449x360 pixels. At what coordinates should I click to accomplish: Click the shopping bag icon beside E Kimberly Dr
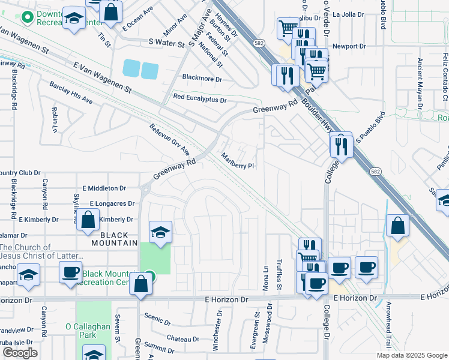88,220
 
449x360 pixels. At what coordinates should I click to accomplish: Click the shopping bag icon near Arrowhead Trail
398,226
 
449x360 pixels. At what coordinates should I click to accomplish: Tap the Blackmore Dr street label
202,79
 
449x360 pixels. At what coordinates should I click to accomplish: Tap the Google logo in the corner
20,353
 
